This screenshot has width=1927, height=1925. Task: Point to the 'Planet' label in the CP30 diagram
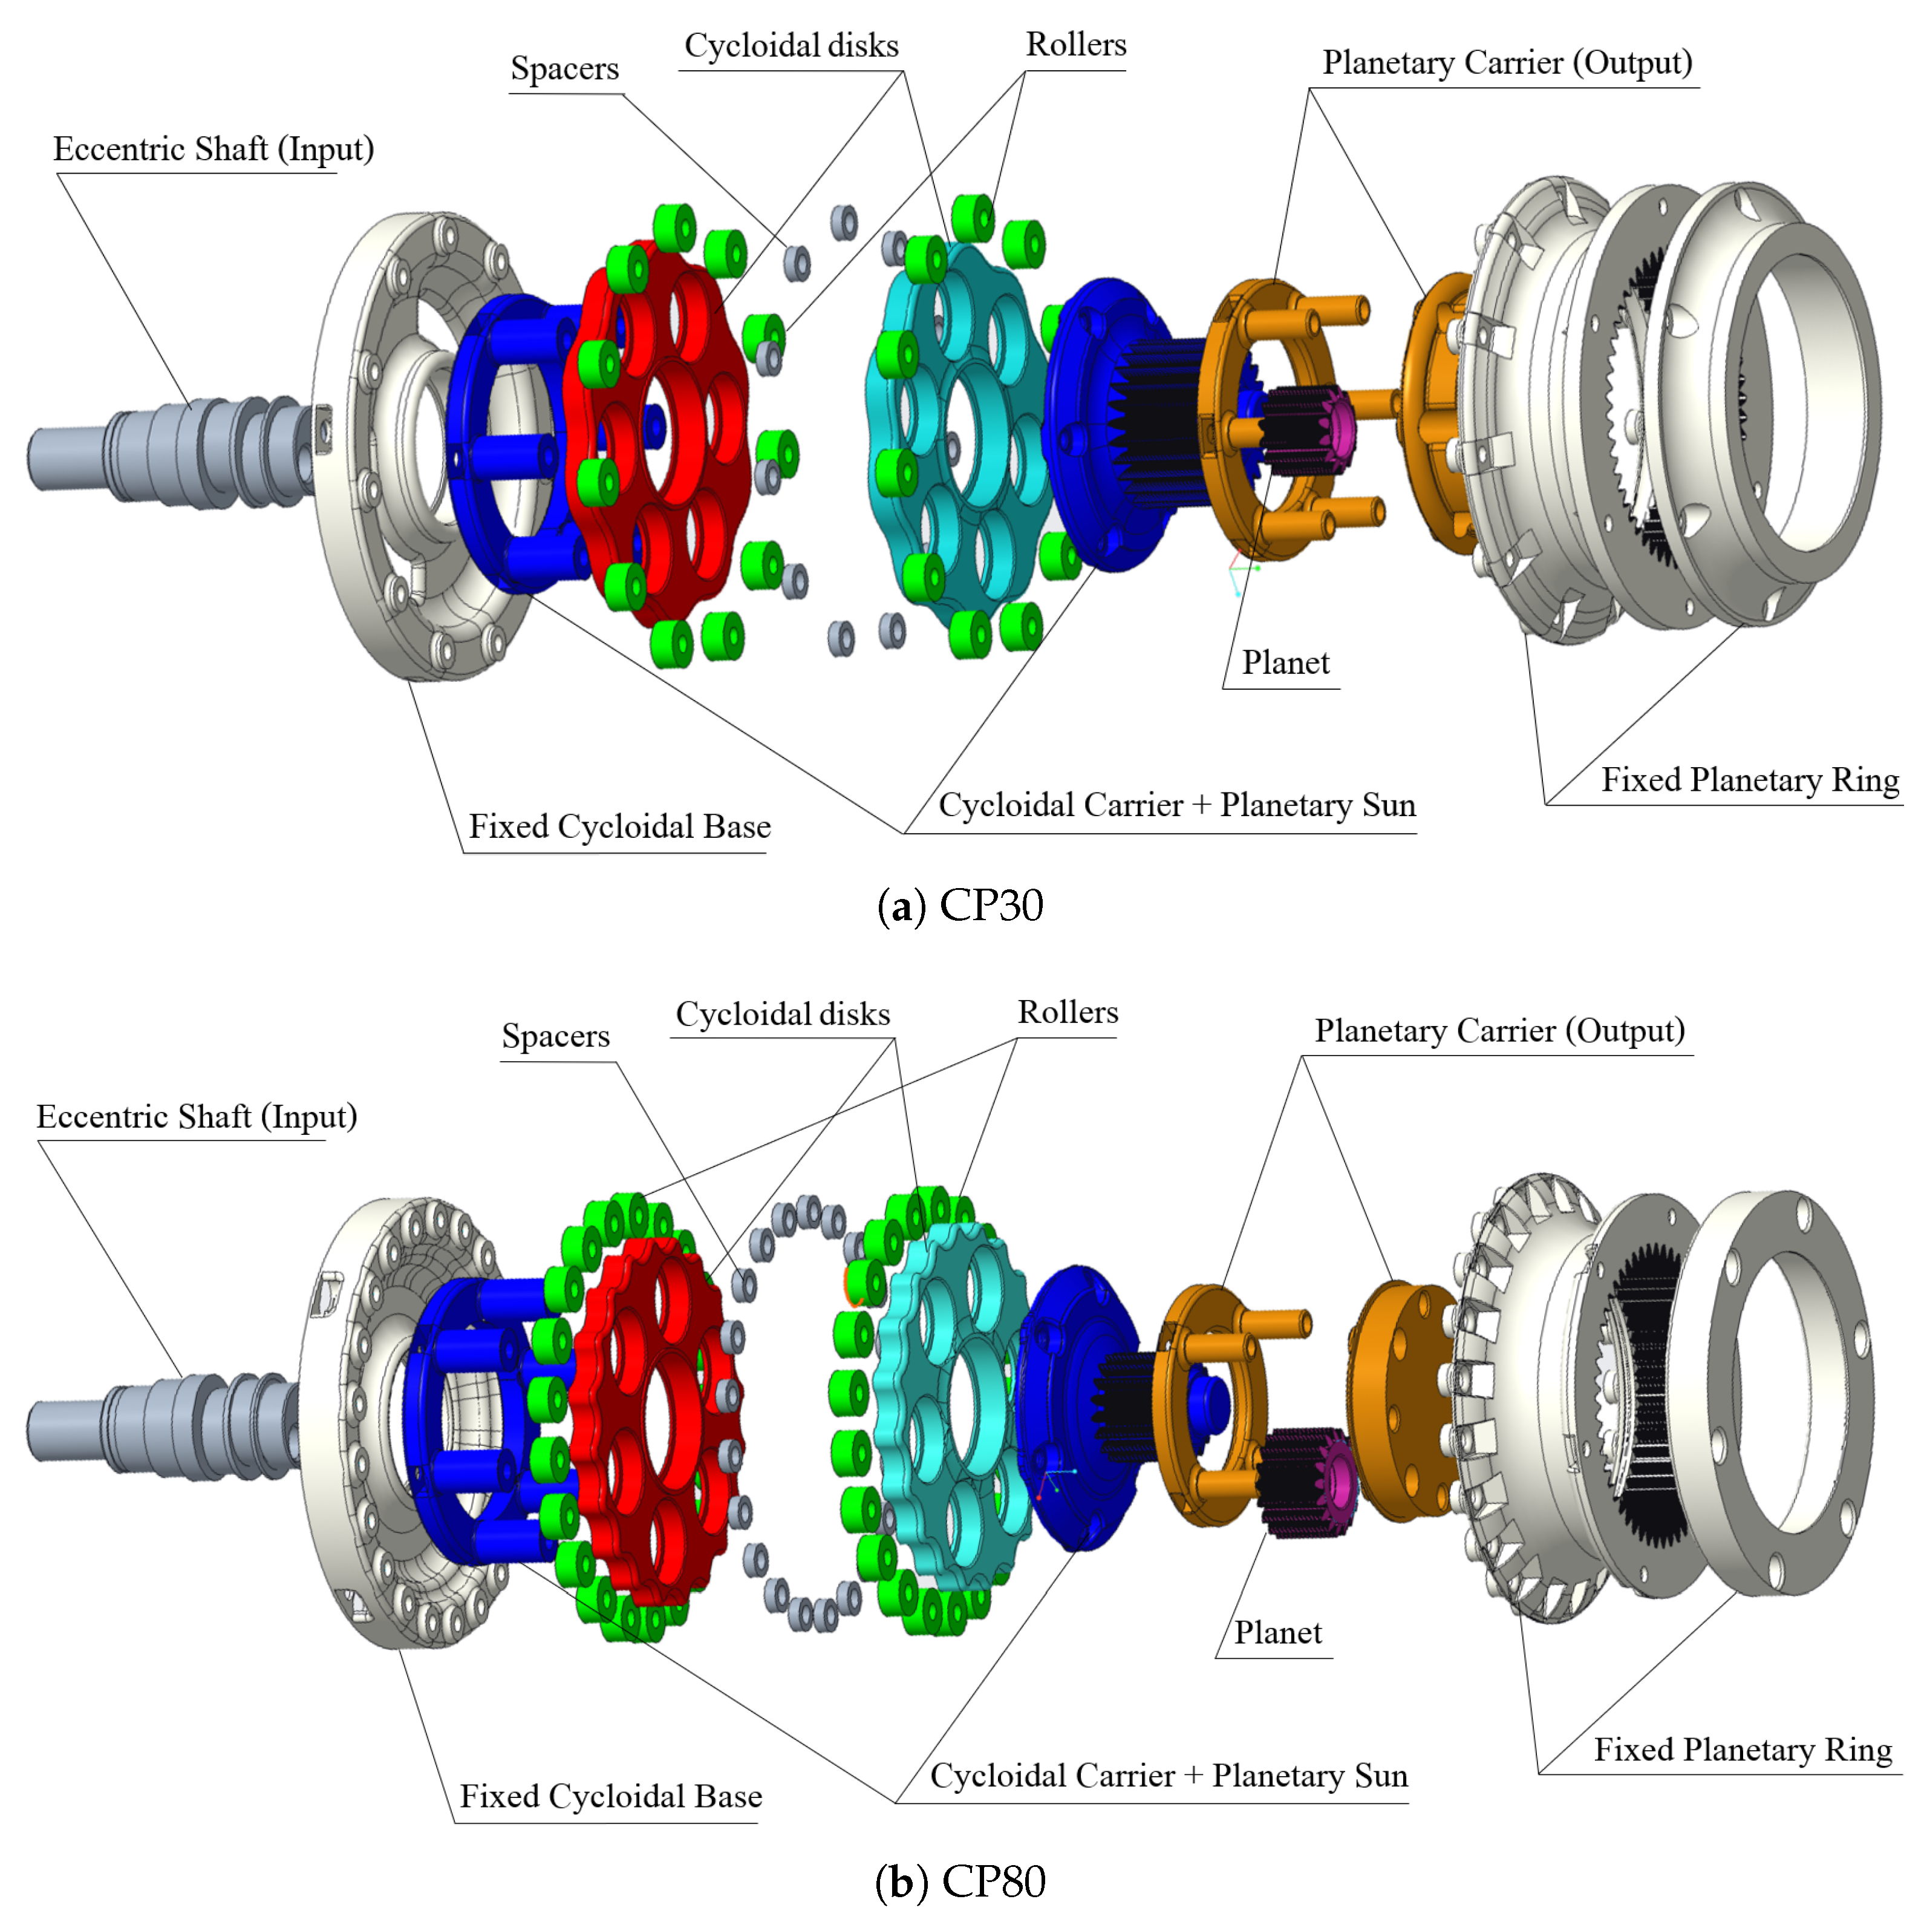1285,662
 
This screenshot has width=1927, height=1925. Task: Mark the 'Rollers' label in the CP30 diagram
1075,45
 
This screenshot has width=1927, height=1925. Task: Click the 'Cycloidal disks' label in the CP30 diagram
791,46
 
